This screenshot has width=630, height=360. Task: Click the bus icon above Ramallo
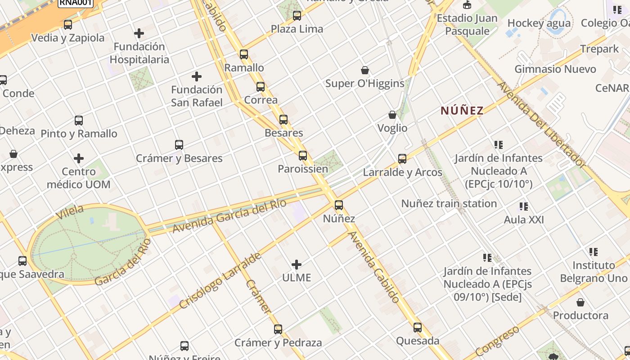click(244, 54)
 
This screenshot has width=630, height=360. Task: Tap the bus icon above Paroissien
click(303, 156)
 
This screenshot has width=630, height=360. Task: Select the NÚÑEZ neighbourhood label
click(462, 110)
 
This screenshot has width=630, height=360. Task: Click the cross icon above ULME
click(297, 264)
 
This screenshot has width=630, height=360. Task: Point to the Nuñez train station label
click(449, 203)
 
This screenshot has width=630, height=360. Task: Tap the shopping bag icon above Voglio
click(392, 115)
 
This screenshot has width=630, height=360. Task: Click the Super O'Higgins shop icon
click(365, 70)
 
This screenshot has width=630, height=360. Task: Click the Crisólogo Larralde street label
click(220, 280)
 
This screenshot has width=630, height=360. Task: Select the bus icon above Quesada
click(418, 327)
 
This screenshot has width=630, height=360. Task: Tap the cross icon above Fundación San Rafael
click(197, 76)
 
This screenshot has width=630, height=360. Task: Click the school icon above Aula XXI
click(524, 207)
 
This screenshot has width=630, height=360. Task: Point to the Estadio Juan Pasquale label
click(467, 24)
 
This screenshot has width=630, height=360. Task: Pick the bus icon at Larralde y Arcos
click(402, 158)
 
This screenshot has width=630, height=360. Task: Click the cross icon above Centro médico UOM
click(79, 158)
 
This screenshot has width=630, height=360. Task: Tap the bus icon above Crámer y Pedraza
click(278, 329)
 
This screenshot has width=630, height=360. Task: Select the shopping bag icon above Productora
click(580, 302)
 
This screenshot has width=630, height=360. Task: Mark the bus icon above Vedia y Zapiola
click(68, 24)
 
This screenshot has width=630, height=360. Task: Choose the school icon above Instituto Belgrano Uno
click(594, 252)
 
